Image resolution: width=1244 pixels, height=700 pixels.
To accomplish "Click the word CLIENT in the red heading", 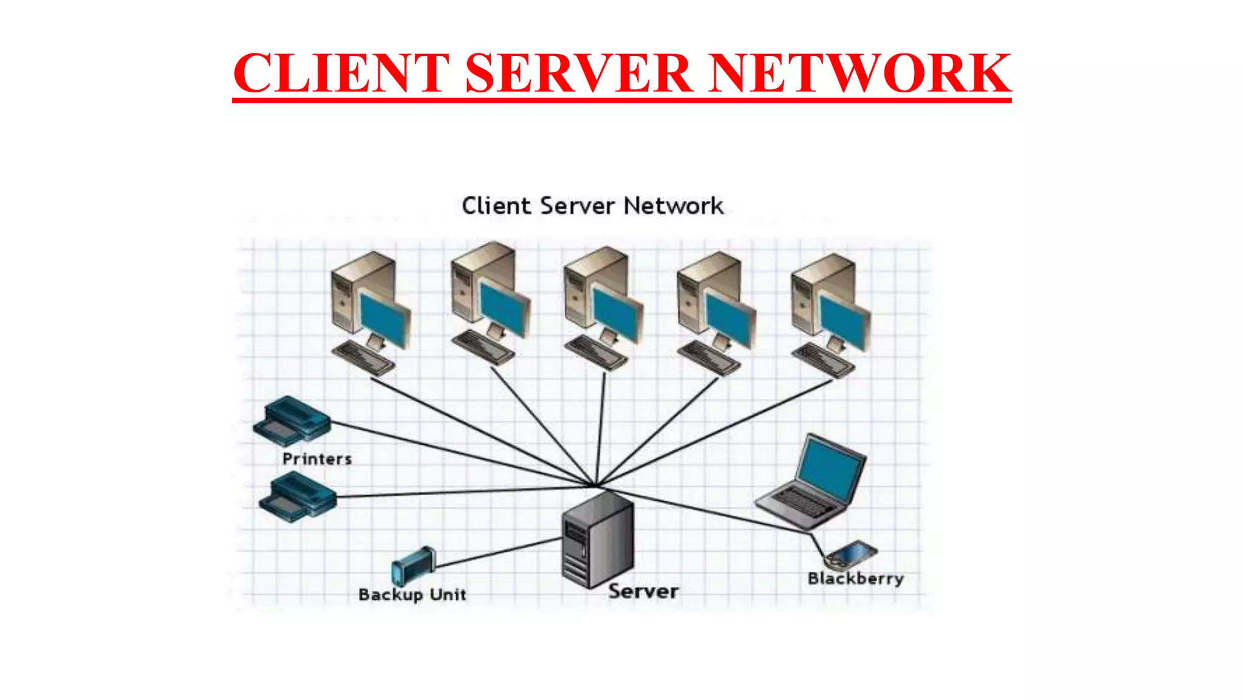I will (341, 73).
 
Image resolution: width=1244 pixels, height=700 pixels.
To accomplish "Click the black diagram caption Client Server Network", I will (592, 206).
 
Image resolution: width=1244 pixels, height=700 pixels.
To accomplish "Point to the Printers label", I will (317, 459).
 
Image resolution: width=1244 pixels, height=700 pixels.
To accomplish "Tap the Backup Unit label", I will (412, 594).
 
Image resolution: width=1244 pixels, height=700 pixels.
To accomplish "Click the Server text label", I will (643, 591).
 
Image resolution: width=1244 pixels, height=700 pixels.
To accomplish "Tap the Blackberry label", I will (855, 578).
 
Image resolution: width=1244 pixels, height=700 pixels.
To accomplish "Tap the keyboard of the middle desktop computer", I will (596, 353).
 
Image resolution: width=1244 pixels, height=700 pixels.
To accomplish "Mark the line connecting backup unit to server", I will (498, 554).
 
